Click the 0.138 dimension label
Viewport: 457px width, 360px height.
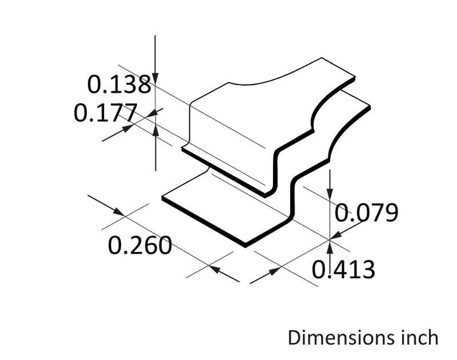pyautogui.click(x=119, y=84)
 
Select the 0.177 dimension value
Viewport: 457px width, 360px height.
pyautogui.click(x=105, y=112)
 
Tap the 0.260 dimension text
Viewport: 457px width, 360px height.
pyautogui.click(x=140, y=245)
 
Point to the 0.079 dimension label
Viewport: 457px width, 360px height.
pyautogui.click(x=366, y=213)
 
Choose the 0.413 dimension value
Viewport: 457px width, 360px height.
pyautogui.click(x=343, y=269)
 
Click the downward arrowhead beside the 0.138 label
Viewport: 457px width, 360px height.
pyautogui.click(x=156, y=78)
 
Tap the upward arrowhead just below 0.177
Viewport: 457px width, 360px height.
pyautogui.click(x=156, y=130)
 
